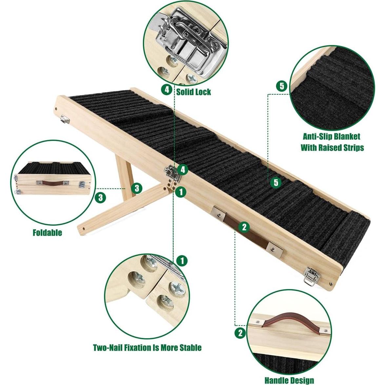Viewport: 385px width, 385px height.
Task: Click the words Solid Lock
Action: (x=194, y=91)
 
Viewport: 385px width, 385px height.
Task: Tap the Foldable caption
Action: (x=47, y=233)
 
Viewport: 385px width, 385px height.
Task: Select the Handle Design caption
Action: (x=289, y=380)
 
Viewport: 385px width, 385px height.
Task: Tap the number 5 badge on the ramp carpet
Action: (x=276, y=182)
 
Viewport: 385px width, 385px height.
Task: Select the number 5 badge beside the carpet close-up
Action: (x=282, y=87)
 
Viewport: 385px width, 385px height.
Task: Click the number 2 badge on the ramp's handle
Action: (x=244, y=226)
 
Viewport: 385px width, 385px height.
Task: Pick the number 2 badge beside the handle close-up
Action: (x=240, y=333)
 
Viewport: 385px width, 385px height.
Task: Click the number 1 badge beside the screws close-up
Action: (x=182, y=261)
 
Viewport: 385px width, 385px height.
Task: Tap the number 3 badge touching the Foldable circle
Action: (x=100, y=198)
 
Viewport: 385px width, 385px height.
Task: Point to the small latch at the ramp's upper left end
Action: (x=65, y=120)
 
